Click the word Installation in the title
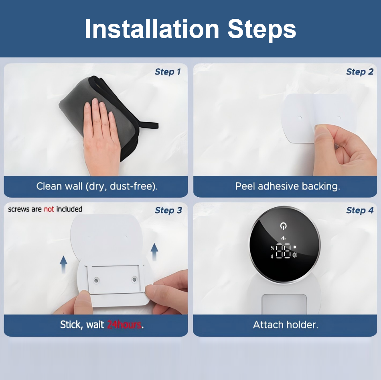click(152, 29)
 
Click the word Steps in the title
click(262, 30)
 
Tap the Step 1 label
click(168, 72)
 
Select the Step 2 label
click(360, 72)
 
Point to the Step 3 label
click(168, 210)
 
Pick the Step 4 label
click(360, 210)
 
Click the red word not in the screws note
click(49, 209)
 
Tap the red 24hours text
click(124, 325)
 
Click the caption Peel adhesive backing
click(288, 186)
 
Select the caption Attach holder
click(286, 325)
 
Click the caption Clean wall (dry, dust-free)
click(97, 186)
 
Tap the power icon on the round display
click(283, 226)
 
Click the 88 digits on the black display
click(283, 251)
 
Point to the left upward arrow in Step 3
click(63, 264)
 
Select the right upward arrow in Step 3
click(154, 252)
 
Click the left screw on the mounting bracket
click(96, 281)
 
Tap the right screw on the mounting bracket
click(134, 280)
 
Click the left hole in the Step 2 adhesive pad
click(300, 118)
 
